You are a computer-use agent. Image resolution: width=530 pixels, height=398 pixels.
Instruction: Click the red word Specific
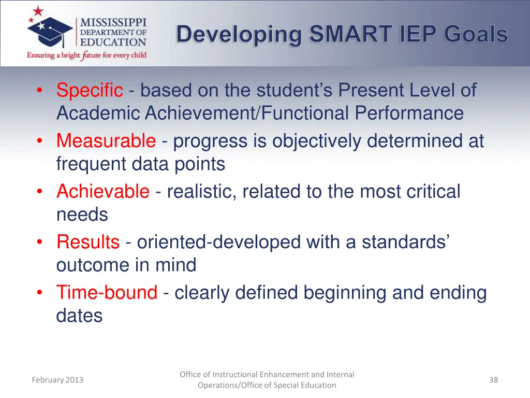coord(90,91)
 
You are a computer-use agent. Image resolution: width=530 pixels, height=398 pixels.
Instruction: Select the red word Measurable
coord(106,141)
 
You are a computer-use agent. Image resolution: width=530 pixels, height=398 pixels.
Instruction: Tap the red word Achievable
coord(102,192)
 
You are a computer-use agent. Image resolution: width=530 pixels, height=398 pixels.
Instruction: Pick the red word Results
coord(88,242)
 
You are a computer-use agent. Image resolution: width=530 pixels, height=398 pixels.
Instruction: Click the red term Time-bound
coord(107,293)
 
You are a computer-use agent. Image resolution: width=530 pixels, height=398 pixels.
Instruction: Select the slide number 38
coord(493,380)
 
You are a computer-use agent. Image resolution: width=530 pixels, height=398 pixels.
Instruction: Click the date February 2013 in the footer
coord(57,380)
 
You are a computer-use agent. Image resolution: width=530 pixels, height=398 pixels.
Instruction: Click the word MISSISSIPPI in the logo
coord(113,23)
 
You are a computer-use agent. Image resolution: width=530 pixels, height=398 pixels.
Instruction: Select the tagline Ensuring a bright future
coord(87,55)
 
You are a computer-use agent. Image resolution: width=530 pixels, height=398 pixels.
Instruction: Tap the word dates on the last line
coord(79,316)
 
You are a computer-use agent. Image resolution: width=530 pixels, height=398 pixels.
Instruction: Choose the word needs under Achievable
coord(82,215)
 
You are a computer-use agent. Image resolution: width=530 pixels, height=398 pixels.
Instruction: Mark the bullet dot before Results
coord(40,242)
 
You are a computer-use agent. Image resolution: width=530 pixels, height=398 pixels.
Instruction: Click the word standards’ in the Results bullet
coord(405,242)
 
